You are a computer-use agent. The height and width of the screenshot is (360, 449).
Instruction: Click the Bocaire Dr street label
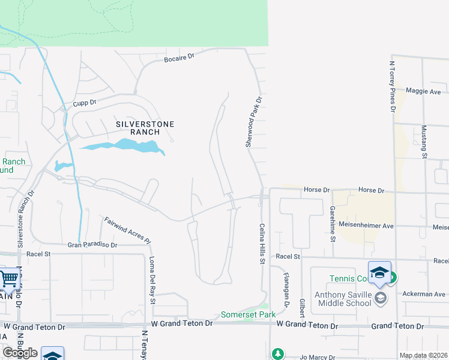click(179, 56)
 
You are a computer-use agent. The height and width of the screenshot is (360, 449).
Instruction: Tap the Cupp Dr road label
click(85, 103)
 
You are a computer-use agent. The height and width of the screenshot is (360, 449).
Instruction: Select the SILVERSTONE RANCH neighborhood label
click(145, 128)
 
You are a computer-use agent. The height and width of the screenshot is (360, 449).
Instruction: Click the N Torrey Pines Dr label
click(393, 86)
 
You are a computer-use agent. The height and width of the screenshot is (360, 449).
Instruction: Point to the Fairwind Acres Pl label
click(127, 229)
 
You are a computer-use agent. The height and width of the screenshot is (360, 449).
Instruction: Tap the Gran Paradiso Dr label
click(92, 245)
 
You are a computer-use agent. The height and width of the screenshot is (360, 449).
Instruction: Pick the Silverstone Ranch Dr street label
click(24, 220)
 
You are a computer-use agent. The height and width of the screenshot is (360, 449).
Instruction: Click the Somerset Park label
click(248, 314)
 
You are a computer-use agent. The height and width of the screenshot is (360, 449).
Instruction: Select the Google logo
click(20, 353)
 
